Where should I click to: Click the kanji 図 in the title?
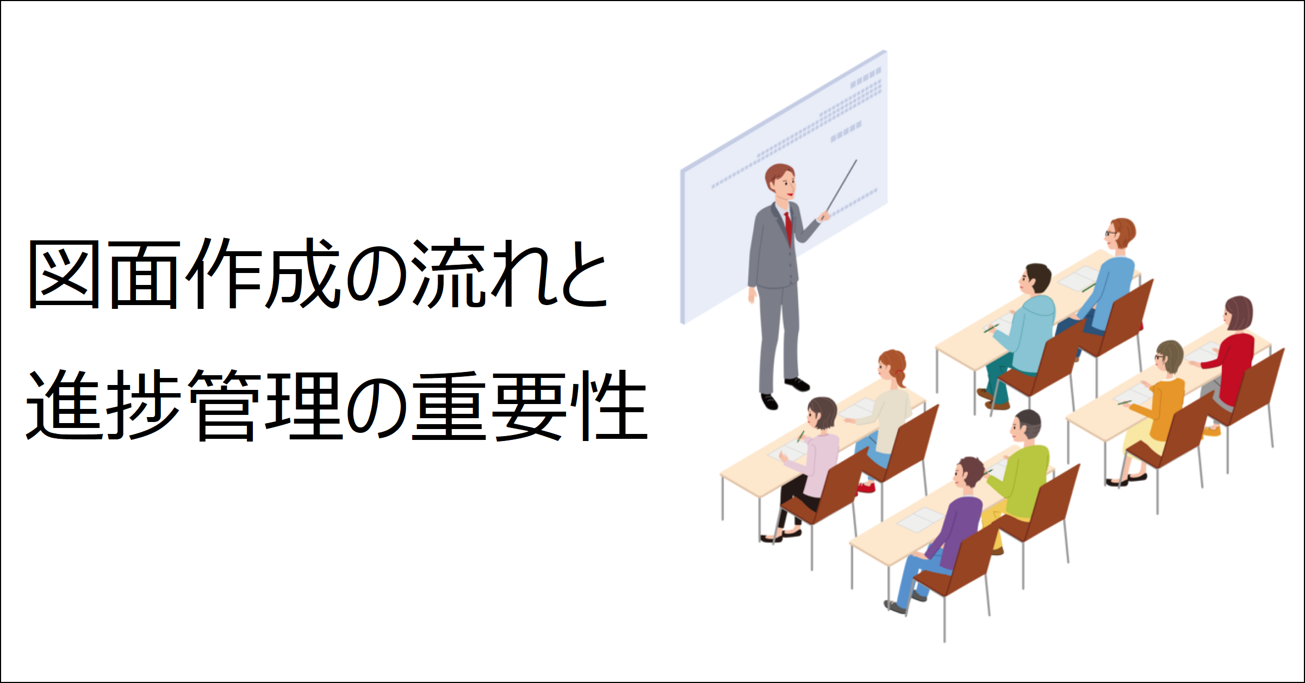[x=64, y=275]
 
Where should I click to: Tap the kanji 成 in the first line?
[x=302, y=274]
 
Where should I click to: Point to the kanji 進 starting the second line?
[x=65, y=405]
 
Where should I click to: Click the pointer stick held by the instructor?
[x=841, y=185]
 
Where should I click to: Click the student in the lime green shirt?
[x=1017, y=479]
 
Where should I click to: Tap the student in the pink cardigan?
[x=805, y=468]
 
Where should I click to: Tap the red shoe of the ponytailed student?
[x=865, y=488]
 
